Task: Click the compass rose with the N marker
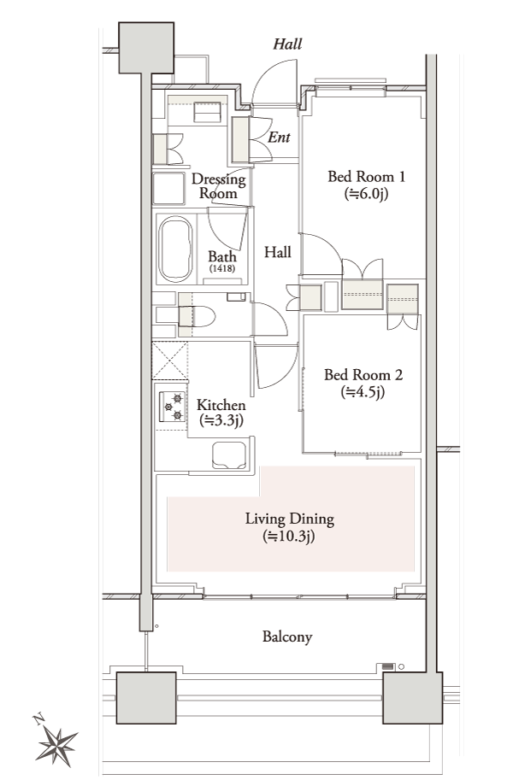[x=58, y=741]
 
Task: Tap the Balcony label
[x=286, y=636]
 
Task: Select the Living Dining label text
[x=289, y=519]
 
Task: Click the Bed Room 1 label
[x=366, y=177]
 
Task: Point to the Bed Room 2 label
[x=363, y=374]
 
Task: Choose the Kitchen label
[x=221, y=405]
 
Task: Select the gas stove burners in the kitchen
[x=171, y=406]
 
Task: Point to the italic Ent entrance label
[x=280, y=138]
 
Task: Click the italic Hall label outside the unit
[x=287, y=44]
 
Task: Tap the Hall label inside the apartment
[x=277, y=253]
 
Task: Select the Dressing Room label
[x=219, y=186]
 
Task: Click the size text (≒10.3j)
[x=289, y=537]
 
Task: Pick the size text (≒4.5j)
[x=363, y=392]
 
